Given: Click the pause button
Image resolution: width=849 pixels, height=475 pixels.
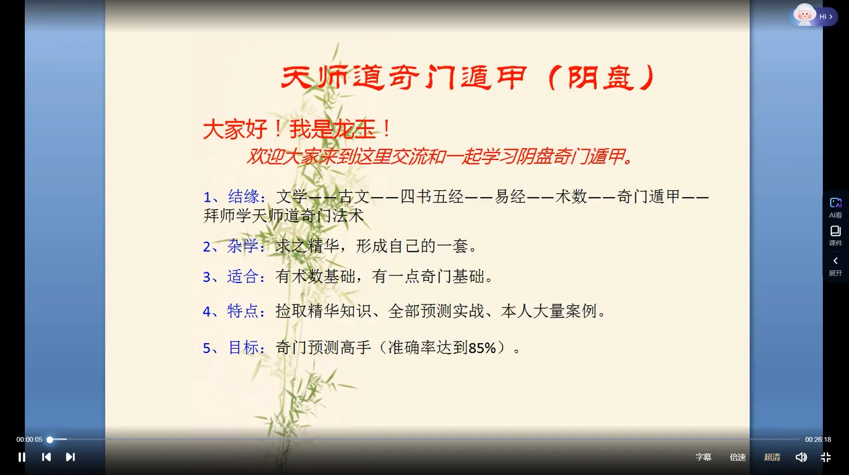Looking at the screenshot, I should point(22,457).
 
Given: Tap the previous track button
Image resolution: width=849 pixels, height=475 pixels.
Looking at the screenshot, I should point(46,457).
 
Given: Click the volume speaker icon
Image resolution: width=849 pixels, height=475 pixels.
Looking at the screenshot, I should point(801,457).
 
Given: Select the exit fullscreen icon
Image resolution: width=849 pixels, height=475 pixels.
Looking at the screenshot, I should point(826,457).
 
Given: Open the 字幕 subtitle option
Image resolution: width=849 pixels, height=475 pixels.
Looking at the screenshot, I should point(703,457).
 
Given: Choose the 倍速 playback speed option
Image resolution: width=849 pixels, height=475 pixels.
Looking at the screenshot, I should point(737,457).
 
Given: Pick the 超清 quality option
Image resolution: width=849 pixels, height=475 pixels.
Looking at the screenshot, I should point(771,457).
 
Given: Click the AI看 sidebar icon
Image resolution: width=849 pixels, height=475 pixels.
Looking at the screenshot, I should point(835,207).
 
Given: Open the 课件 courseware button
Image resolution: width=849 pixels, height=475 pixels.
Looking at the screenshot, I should point(835,235).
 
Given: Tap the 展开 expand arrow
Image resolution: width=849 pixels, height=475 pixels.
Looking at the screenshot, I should point(835,265).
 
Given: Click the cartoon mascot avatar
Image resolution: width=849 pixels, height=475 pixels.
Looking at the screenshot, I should point(804,15).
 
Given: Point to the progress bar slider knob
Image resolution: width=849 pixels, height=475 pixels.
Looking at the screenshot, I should point(50,440).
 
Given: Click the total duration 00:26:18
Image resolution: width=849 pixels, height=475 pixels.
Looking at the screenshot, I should point(818,440).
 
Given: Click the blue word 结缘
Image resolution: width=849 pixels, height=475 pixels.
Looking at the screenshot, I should point(244,196).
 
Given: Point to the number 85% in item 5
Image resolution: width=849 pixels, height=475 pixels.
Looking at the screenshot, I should point(482,348).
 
